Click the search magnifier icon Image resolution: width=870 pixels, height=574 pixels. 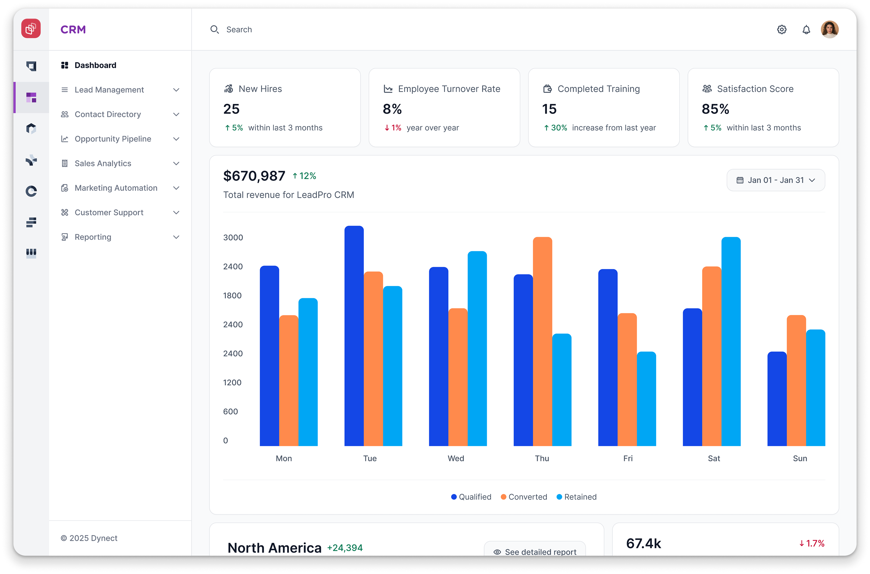point(214,30)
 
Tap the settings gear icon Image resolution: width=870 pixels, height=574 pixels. point(781,30)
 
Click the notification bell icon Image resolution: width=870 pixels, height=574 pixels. point(806,30)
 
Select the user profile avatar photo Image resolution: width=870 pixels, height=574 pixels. point(829,29)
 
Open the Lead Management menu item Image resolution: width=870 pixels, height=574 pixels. point(109,90)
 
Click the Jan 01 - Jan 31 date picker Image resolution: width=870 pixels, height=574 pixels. point(775,180)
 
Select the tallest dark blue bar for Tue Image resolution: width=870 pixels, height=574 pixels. point(354,336)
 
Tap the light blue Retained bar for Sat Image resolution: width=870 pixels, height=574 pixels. point(730,342)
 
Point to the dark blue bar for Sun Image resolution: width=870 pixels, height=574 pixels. point(777,399)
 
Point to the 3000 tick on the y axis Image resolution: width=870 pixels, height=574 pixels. point(233,238)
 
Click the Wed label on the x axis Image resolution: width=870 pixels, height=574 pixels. point(456,458)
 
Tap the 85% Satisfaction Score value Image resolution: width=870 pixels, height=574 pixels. point(715,109)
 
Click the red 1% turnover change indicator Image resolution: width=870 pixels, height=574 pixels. point(392,128)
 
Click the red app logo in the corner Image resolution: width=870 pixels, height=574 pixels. point(31,29)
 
